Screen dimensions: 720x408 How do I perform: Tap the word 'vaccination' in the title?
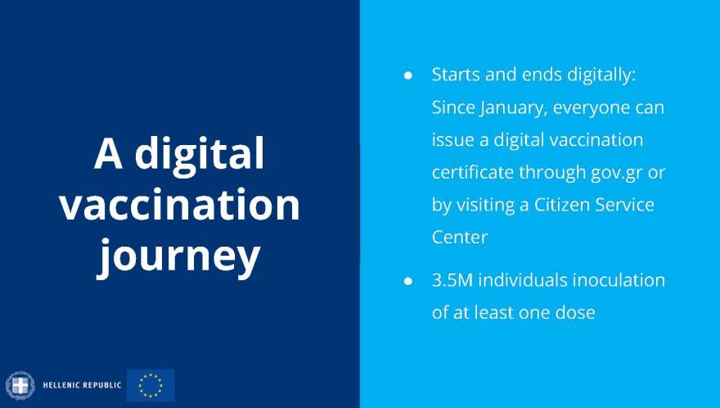click(x=179, y=205)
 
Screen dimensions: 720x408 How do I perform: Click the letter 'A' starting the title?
click(x=108, y=154)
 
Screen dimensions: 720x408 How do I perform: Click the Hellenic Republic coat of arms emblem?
click(x=20, y=385)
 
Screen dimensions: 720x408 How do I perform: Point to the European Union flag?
click(x=151, y=385)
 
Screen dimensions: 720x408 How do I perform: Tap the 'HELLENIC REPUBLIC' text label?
click(x=82, y=385)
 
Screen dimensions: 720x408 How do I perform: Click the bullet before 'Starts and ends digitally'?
click(x=407, y=76)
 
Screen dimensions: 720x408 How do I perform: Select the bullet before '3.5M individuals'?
click(x=407, y=281)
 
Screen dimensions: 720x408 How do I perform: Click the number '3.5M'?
click(x=452, y=280)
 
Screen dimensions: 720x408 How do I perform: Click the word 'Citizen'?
click(x=561, y=205)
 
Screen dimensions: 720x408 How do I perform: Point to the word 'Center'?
click(x=460, y=238)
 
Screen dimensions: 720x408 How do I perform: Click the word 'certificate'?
click(x=473, y=173)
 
